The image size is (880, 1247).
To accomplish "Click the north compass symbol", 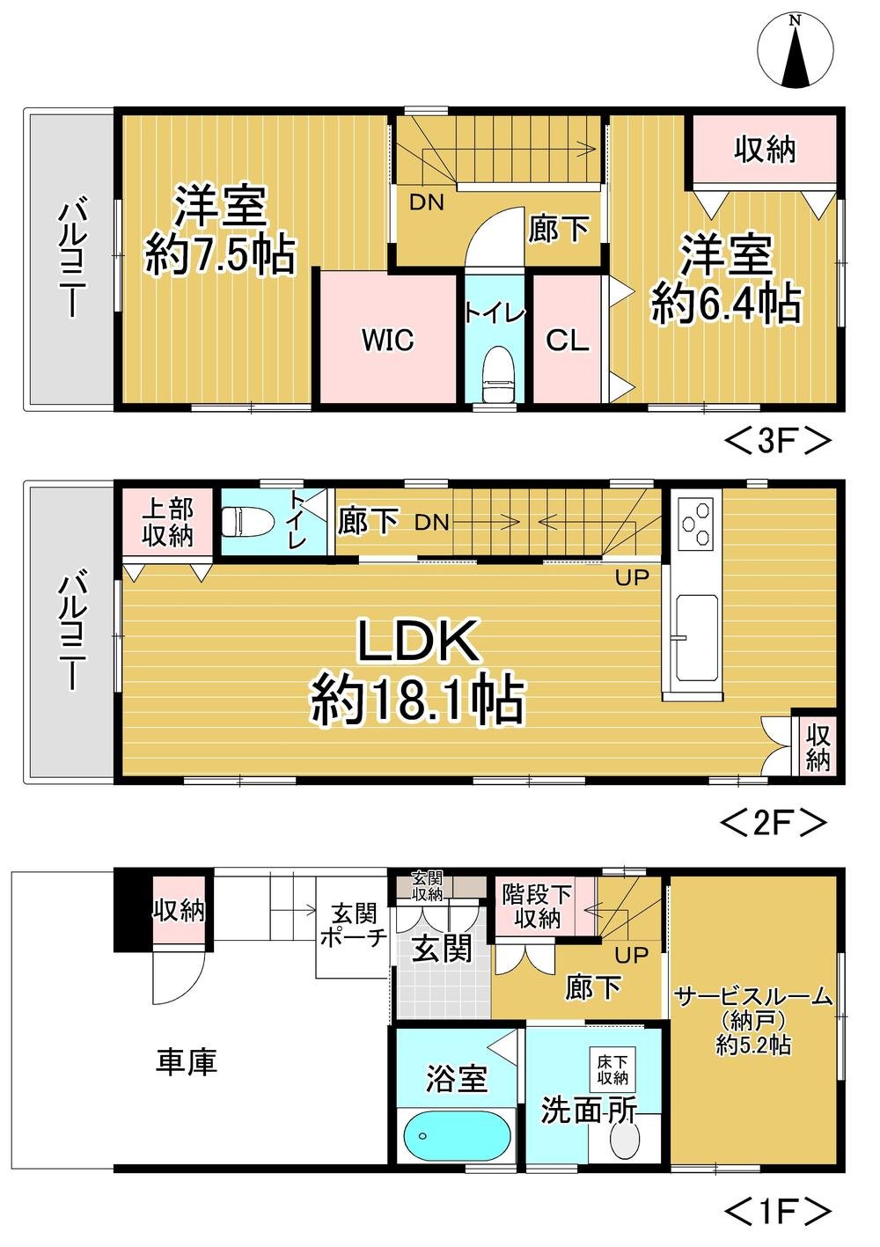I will point(796,52).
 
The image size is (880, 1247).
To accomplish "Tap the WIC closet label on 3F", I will point(387,341).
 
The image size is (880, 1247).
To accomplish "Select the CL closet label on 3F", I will point(567,341).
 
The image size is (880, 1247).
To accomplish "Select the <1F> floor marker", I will point(777,1212).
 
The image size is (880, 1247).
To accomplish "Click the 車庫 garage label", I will point(187,1062).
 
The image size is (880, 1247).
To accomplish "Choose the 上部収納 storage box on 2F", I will point(167,522).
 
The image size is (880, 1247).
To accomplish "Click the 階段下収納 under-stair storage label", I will point(537,906).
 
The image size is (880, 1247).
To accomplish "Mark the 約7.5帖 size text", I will point(220,255).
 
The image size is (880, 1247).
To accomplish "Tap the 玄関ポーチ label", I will point(353,925).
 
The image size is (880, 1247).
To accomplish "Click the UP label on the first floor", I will point(631,955).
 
